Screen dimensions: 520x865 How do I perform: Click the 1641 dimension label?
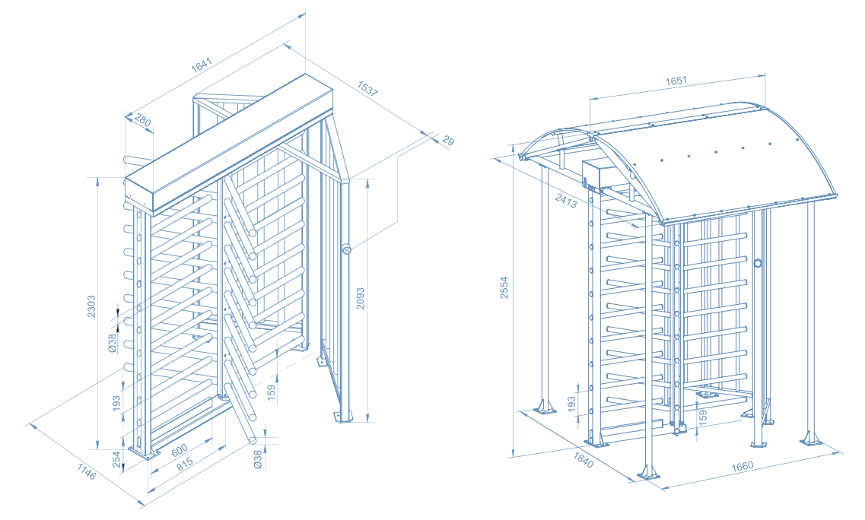coord(202,65)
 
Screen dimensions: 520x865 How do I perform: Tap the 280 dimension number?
coord(142,122)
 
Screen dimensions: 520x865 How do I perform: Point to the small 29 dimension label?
coord(447,141)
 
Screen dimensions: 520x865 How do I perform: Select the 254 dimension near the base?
coord(116,459)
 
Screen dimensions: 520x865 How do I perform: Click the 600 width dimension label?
coord(178,450)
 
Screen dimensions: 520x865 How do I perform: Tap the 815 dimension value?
coord(185,465)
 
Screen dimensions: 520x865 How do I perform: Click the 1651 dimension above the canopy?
coord(676,81)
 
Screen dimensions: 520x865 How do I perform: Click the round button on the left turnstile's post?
coord(346,249)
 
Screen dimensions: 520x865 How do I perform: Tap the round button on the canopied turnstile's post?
coord(758,263)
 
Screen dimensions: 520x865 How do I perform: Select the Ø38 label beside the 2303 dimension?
coord(113,344)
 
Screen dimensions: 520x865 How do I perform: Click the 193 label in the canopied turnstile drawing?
coord(572,403)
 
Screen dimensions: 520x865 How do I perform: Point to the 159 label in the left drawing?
coord(272,394)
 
